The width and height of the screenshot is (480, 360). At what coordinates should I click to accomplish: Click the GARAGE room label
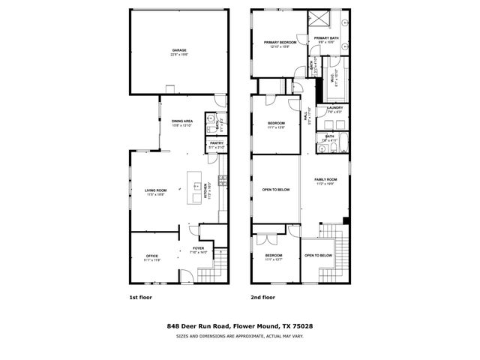(x=178, y=50)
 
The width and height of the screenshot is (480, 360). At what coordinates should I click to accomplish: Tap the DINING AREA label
(x=182, y=121)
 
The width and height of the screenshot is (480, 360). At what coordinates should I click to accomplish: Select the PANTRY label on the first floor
(x=216, y=142)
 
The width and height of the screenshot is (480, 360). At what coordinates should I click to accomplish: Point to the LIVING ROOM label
(x=155, y=190)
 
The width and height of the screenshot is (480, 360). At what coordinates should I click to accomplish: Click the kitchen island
(x=198, y=187)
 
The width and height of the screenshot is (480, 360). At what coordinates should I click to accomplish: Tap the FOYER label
(x=198, y=248)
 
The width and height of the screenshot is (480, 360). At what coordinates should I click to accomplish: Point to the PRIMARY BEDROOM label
(x=279, y=43)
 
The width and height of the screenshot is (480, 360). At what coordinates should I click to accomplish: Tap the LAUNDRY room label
(x=334, y=108)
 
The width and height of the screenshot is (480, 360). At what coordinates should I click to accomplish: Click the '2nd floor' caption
(x=262, y=298)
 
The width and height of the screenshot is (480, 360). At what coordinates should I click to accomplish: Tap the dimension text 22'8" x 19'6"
(x=178, y=55)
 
